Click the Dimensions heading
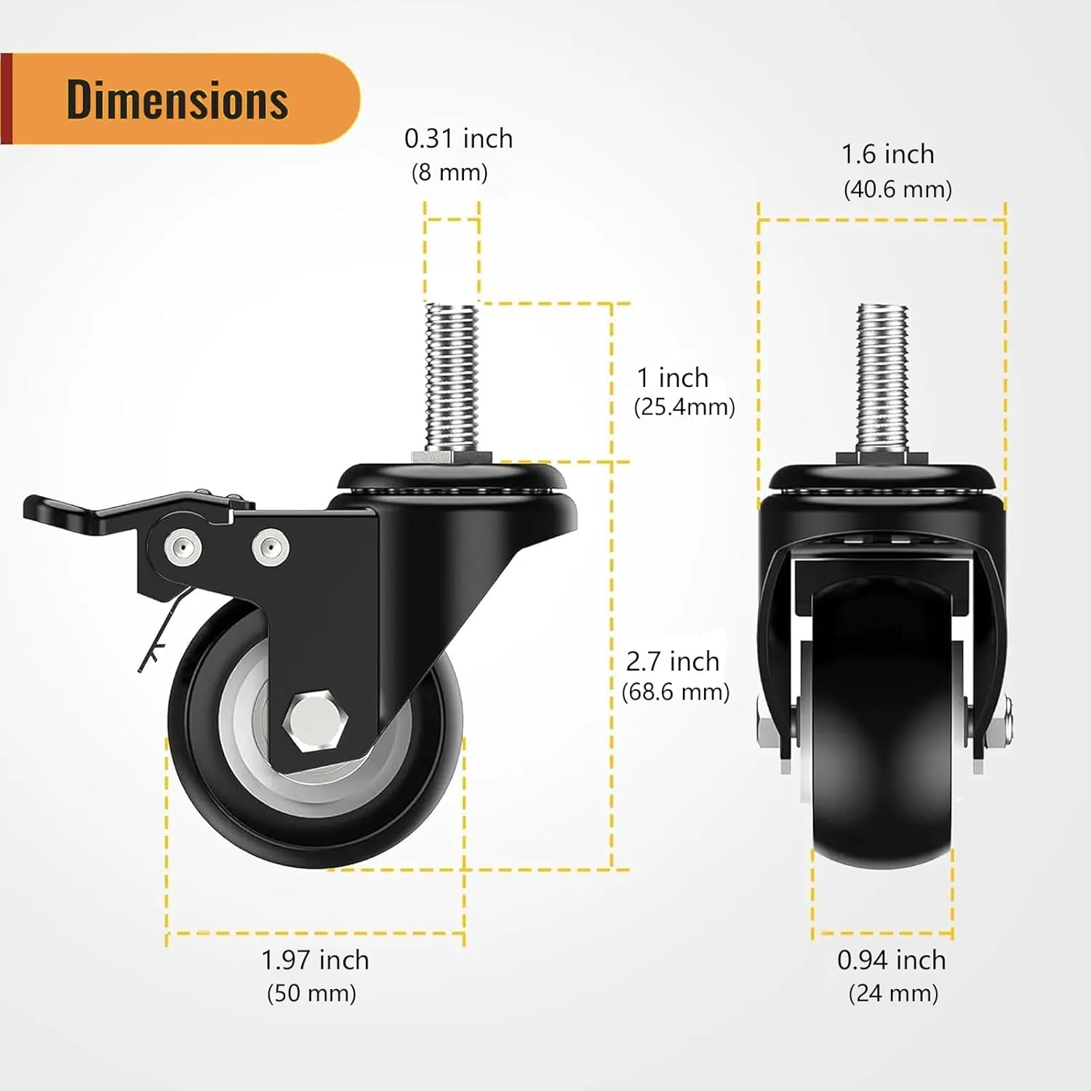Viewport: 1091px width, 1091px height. tap(177, 100)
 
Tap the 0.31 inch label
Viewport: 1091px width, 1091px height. tap(458, 138)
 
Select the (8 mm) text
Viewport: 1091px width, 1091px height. tap(449, 172)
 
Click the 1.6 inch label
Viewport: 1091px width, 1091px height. tap(887, 154)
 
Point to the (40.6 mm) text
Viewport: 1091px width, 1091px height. tap(898, 189)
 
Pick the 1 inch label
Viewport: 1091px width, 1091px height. tap(673, 377)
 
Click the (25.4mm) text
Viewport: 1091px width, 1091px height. tap(684, 407)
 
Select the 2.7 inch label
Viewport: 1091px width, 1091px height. tap(673, 661)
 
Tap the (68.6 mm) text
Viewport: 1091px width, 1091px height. tap(676, 691)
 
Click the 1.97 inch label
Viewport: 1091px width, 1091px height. tap(315, 960)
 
